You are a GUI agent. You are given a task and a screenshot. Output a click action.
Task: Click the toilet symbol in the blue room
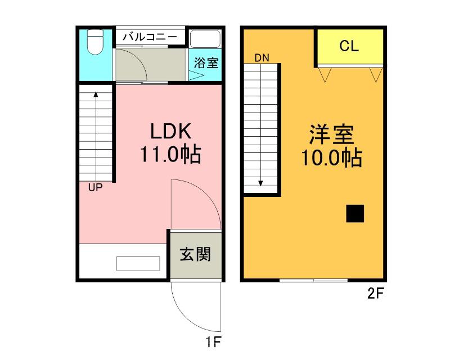(x=96, y=42)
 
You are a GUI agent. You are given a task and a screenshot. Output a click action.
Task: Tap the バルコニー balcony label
(x=150, y=37)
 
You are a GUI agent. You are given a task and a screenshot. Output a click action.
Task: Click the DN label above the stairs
(x=262, y=57)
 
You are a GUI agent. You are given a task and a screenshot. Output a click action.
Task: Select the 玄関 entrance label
(x=195, y=255)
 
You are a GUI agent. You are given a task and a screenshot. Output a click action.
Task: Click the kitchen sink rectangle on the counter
(x=138, y=263)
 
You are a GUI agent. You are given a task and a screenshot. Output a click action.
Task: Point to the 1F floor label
(x=213, y=341)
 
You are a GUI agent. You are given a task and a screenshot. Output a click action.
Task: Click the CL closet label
(x=349, y=47)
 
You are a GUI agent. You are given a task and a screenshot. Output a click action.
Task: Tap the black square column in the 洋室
(x=355, y=214)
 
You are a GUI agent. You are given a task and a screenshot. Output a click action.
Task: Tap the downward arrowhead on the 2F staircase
(x=262, y=183)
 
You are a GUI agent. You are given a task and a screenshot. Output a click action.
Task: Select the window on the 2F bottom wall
(x=314, y=280)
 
